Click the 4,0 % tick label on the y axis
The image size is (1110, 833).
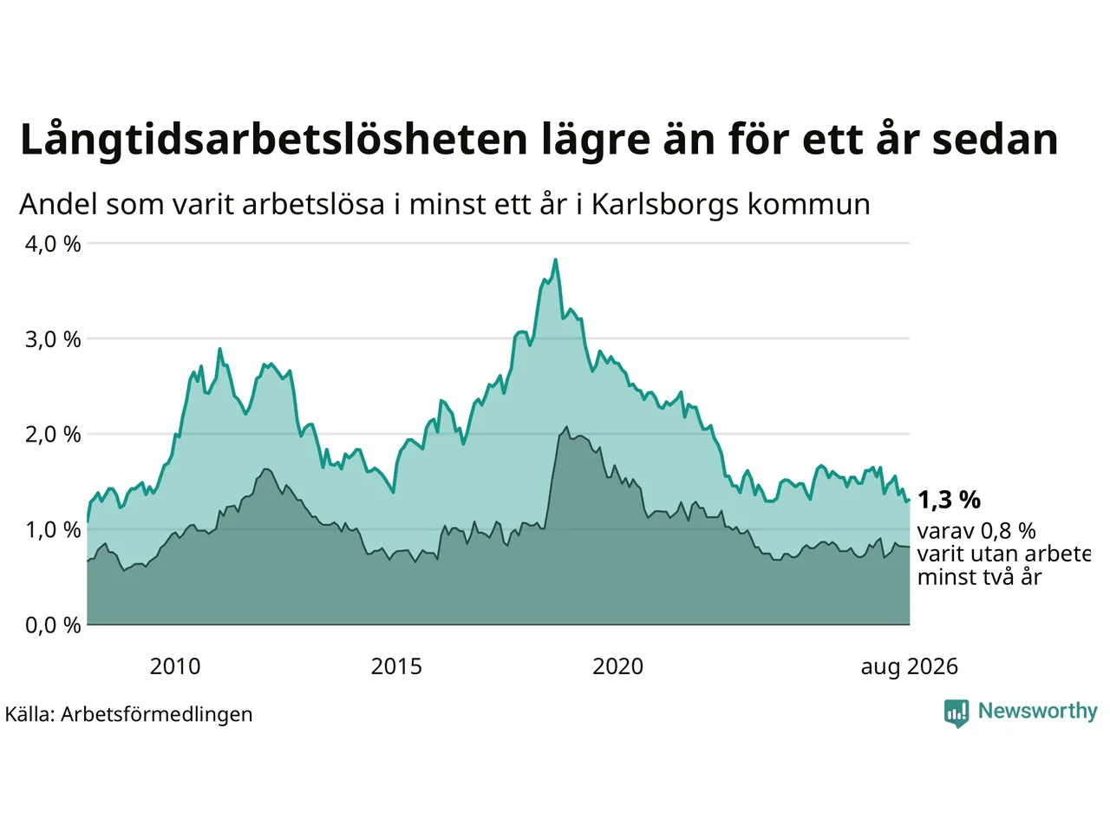tap(53, 245)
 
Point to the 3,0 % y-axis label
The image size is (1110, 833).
tap(53, 340)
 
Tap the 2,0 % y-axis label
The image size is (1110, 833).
tap(53, 435)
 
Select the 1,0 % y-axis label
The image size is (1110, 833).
tap(53, 530)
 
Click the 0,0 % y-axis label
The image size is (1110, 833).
tap(53, 626)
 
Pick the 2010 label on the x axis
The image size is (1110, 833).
tap(175, 666)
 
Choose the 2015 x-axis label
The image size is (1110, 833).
tap(396, 666)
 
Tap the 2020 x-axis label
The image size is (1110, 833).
tap(618, 666)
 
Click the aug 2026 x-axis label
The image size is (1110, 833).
tap(909, 667)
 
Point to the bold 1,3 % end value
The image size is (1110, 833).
tap(949, 500)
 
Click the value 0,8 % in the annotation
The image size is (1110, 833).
tap(1008, 531)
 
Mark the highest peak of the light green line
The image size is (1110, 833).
tap(555, 259)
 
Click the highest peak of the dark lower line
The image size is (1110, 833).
tap(566, 428)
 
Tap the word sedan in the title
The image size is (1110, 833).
tap(995, 140)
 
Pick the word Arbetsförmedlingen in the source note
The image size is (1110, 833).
tap(156, 715)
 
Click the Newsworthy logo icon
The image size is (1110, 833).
tap(957, 713)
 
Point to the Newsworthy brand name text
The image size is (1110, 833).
tap(1038, 712)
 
